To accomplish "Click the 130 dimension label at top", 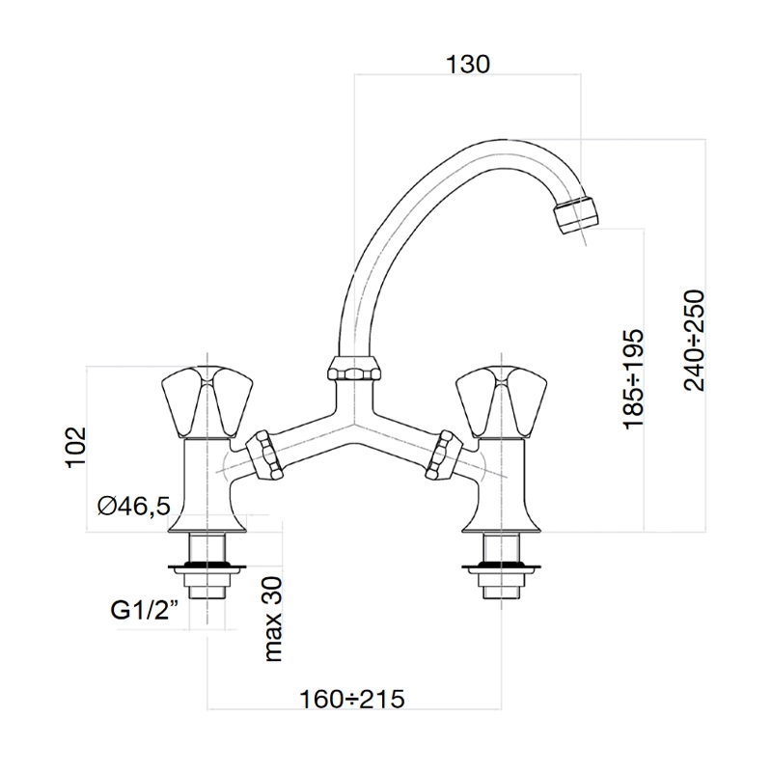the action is tap(468, 65).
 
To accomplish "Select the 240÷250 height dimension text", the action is tap(695, 341).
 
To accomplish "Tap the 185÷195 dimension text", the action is tap(634, 379).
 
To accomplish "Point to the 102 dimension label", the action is tap(76, 448).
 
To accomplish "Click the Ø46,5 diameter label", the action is tap(134, 506).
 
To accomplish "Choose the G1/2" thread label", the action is tap(144, 611).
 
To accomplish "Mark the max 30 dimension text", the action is tap(273, 619).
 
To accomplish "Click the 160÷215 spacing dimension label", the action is tap(352, 699).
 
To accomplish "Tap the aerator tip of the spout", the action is tap(575, 215).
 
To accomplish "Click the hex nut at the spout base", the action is tap(354, 369).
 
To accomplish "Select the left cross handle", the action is tap(207, 401).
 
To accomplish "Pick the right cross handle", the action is tap(502, 401).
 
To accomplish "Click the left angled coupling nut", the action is tap(264, 455).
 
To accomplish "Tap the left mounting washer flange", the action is tap(207, 567).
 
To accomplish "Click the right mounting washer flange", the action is tap(501, 567).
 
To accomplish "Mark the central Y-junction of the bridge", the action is tap(354, 425).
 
